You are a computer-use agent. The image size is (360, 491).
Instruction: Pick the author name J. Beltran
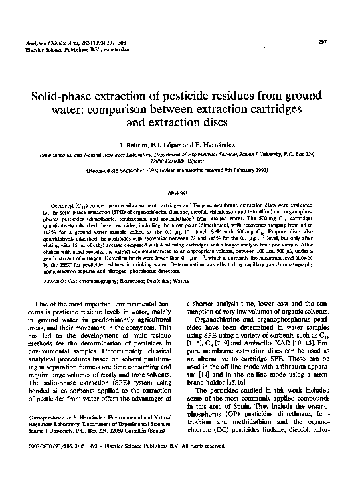coord(134,144)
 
